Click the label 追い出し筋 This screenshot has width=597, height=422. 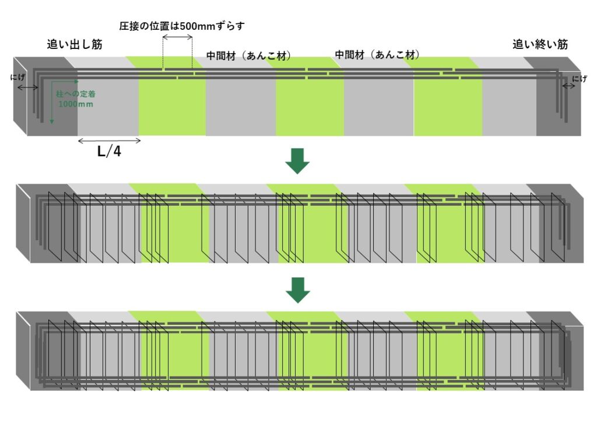tap(75, 44)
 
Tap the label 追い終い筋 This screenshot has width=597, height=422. tap(540, 44)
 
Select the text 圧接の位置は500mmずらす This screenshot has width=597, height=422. tap(182, 26)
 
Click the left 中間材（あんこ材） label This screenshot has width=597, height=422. tap(248, 56)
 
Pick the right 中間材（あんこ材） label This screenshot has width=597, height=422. tap(377, 55)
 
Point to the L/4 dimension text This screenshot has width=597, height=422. tap(109, 152)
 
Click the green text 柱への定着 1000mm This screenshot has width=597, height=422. tap(76, 99)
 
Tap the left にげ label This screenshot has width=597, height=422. tap(17, 78)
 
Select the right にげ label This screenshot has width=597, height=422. tap(580, 79)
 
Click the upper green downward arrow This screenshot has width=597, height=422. tap(297, 161)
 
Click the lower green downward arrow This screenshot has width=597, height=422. tap(298, 290)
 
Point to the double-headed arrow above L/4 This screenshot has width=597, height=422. tap(109, 141)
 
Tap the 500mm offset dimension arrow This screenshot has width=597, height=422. tap(177, 37)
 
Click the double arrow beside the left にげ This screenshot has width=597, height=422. tap(28, 88)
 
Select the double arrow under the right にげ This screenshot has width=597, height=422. tap(569, 86)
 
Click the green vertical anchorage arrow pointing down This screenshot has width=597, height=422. tap(52, 103)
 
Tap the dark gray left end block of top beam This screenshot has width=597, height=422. tap(45, 96)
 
